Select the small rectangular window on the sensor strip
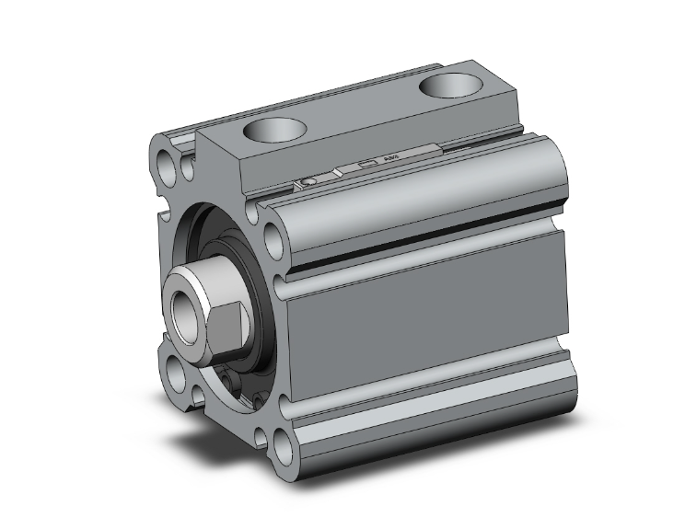[366, 167]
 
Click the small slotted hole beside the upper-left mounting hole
[188, 167]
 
